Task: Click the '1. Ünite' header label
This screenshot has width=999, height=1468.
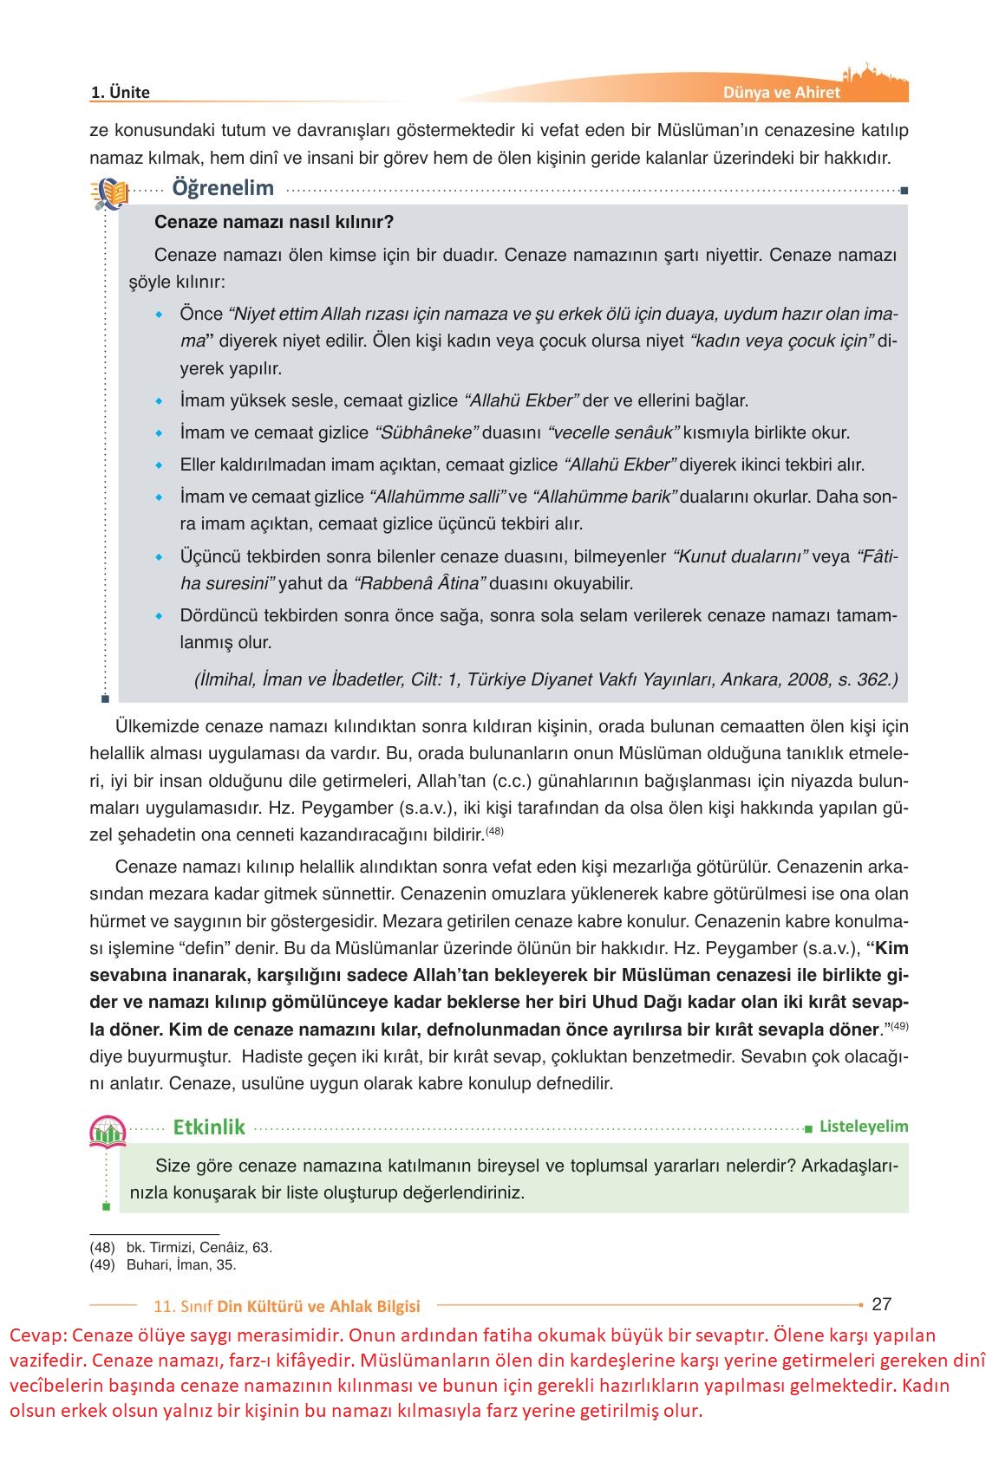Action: coord(121,93)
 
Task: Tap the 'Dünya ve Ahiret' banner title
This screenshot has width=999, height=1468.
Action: coord(781,93)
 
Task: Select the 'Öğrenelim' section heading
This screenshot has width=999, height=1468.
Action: coord(223,188)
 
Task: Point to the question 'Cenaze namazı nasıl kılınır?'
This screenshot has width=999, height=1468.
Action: coord(274,222)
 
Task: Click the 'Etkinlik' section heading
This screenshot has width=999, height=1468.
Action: coord(209,1127)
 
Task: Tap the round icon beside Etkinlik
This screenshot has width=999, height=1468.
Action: coord(108,1131)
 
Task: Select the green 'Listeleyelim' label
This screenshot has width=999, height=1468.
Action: coord(864,1127)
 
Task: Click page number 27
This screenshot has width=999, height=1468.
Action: coord(881,1304)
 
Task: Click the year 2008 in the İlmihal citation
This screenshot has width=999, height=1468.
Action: coord(809,679)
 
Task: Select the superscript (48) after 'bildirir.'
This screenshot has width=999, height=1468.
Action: coord(494,832)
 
